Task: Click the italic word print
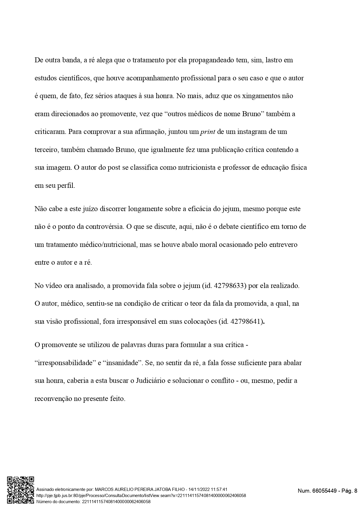pyautogui.click(x=208, y=132)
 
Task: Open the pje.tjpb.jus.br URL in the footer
pyautogui.click(x=141, y=496)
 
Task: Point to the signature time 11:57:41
pyautogui.click(x=219, y=489)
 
